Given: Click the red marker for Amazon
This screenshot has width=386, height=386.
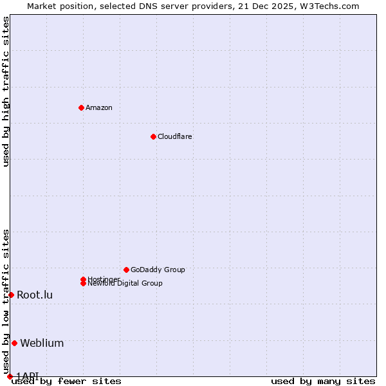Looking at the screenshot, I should click(x=81, y=107).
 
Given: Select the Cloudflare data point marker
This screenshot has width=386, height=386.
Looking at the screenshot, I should click(x=153, y=136).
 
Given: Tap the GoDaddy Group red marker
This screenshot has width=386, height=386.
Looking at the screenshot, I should click(x=126, y=270).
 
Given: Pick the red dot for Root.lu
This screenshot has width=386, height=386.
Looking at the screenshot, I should click(x=11, y=295).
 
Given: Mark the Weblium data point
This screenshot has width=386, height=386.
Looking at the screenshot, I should click(x=14, y=343).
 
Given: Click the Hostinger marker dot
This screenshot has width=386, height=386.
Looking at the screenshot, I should click(x=83, y=279).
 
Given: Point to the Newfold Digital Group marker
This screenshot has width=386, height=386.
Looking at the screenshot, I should click(x=84, y=284).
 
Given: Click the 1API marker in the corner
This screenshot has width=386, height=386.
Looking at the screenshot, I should click(x=10, y=376).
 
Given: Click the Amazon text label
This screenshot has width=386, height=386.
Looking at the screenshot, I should click(x=98, y=107).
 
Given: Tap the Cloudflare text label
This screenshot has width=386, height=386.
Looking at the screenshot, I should click(x=174, y=136).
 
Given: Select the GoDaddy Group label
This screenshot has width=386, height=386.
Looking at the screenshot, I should click(x=158, y=270).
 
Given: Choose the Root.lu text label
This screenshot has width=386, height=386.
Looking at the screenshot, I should click(x=35, y=295).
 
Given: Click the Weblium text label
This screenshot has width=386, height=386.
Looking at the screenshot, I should click(x=42, y=343).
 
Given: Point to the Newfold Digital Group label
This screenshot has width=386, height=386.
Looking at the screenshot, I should click(x=125, y=284).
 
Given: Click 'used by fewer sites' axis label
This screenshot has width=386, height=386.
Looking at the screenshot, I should click(x=66, y=381).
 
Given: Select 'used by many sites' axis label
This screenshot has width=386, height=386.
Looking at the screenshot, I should click(x=323, y=381).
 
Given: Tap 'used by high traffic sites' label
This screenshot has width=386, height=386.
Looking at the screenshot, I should click(x=6, y=91).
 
